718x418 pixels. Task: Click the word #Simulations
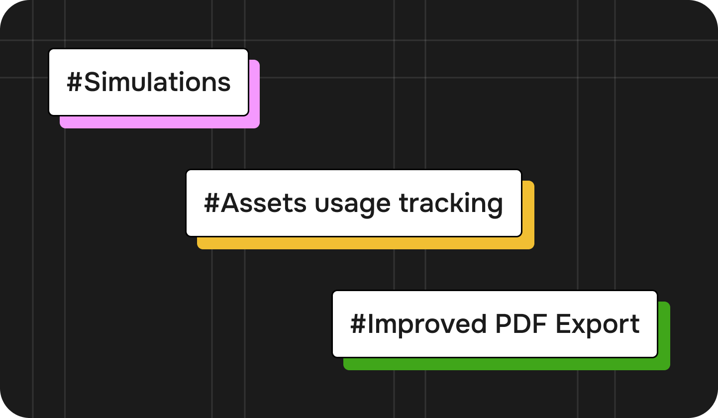(149, 82)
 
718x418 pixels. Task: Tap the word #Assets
(255, 203)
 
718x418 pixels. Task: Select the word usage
(353, 207)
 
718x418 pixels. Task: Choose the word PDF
(521, 324)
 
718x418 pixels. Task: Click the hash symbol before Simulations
(75, 82)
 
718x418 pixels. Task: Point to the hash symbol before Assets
(212, 203)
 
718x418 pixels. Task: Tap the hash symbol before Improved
(358, 324)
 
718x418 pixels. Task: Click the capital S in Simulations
(93, 82)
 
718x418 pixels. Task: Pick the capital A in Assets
(231, 203)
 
